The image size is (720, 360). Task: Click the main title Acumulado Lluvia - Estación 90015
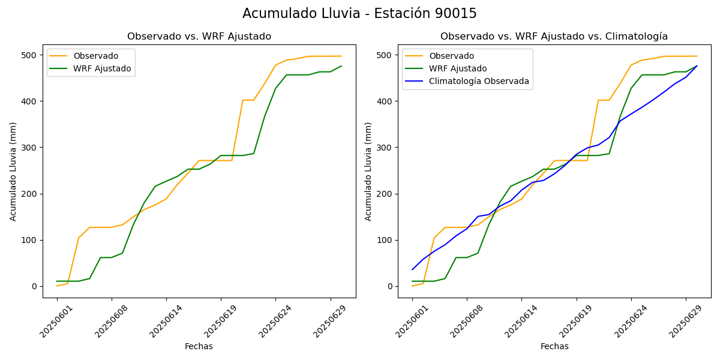(359, 13)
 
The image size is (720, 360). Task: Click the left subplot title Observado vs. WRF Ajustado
(199, 37)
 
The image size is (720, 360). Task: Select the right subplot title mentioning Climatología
(554, 37)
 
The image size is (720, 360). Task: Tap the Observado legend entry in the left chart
(95, 56)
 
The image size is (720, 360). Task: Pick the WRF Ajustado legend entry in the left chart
(102, 68)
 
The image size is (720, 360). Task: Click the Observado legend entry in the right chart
(451, 56)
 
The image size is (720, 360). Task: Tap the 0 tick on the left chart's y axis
(35, 286)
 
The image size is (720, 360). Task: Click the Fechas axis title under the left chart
(199, 346)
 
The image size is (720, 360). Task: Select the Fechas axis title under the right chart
(554, 346)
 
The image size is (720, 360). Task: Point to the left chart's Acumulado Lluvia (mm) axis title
(13, 171)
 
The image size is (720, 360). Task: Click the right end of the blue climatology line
(697, 66)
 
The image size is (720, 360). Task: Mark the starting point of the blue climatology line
(412, 269)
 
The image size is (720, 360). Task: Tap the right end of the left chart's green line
(341, 66)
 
